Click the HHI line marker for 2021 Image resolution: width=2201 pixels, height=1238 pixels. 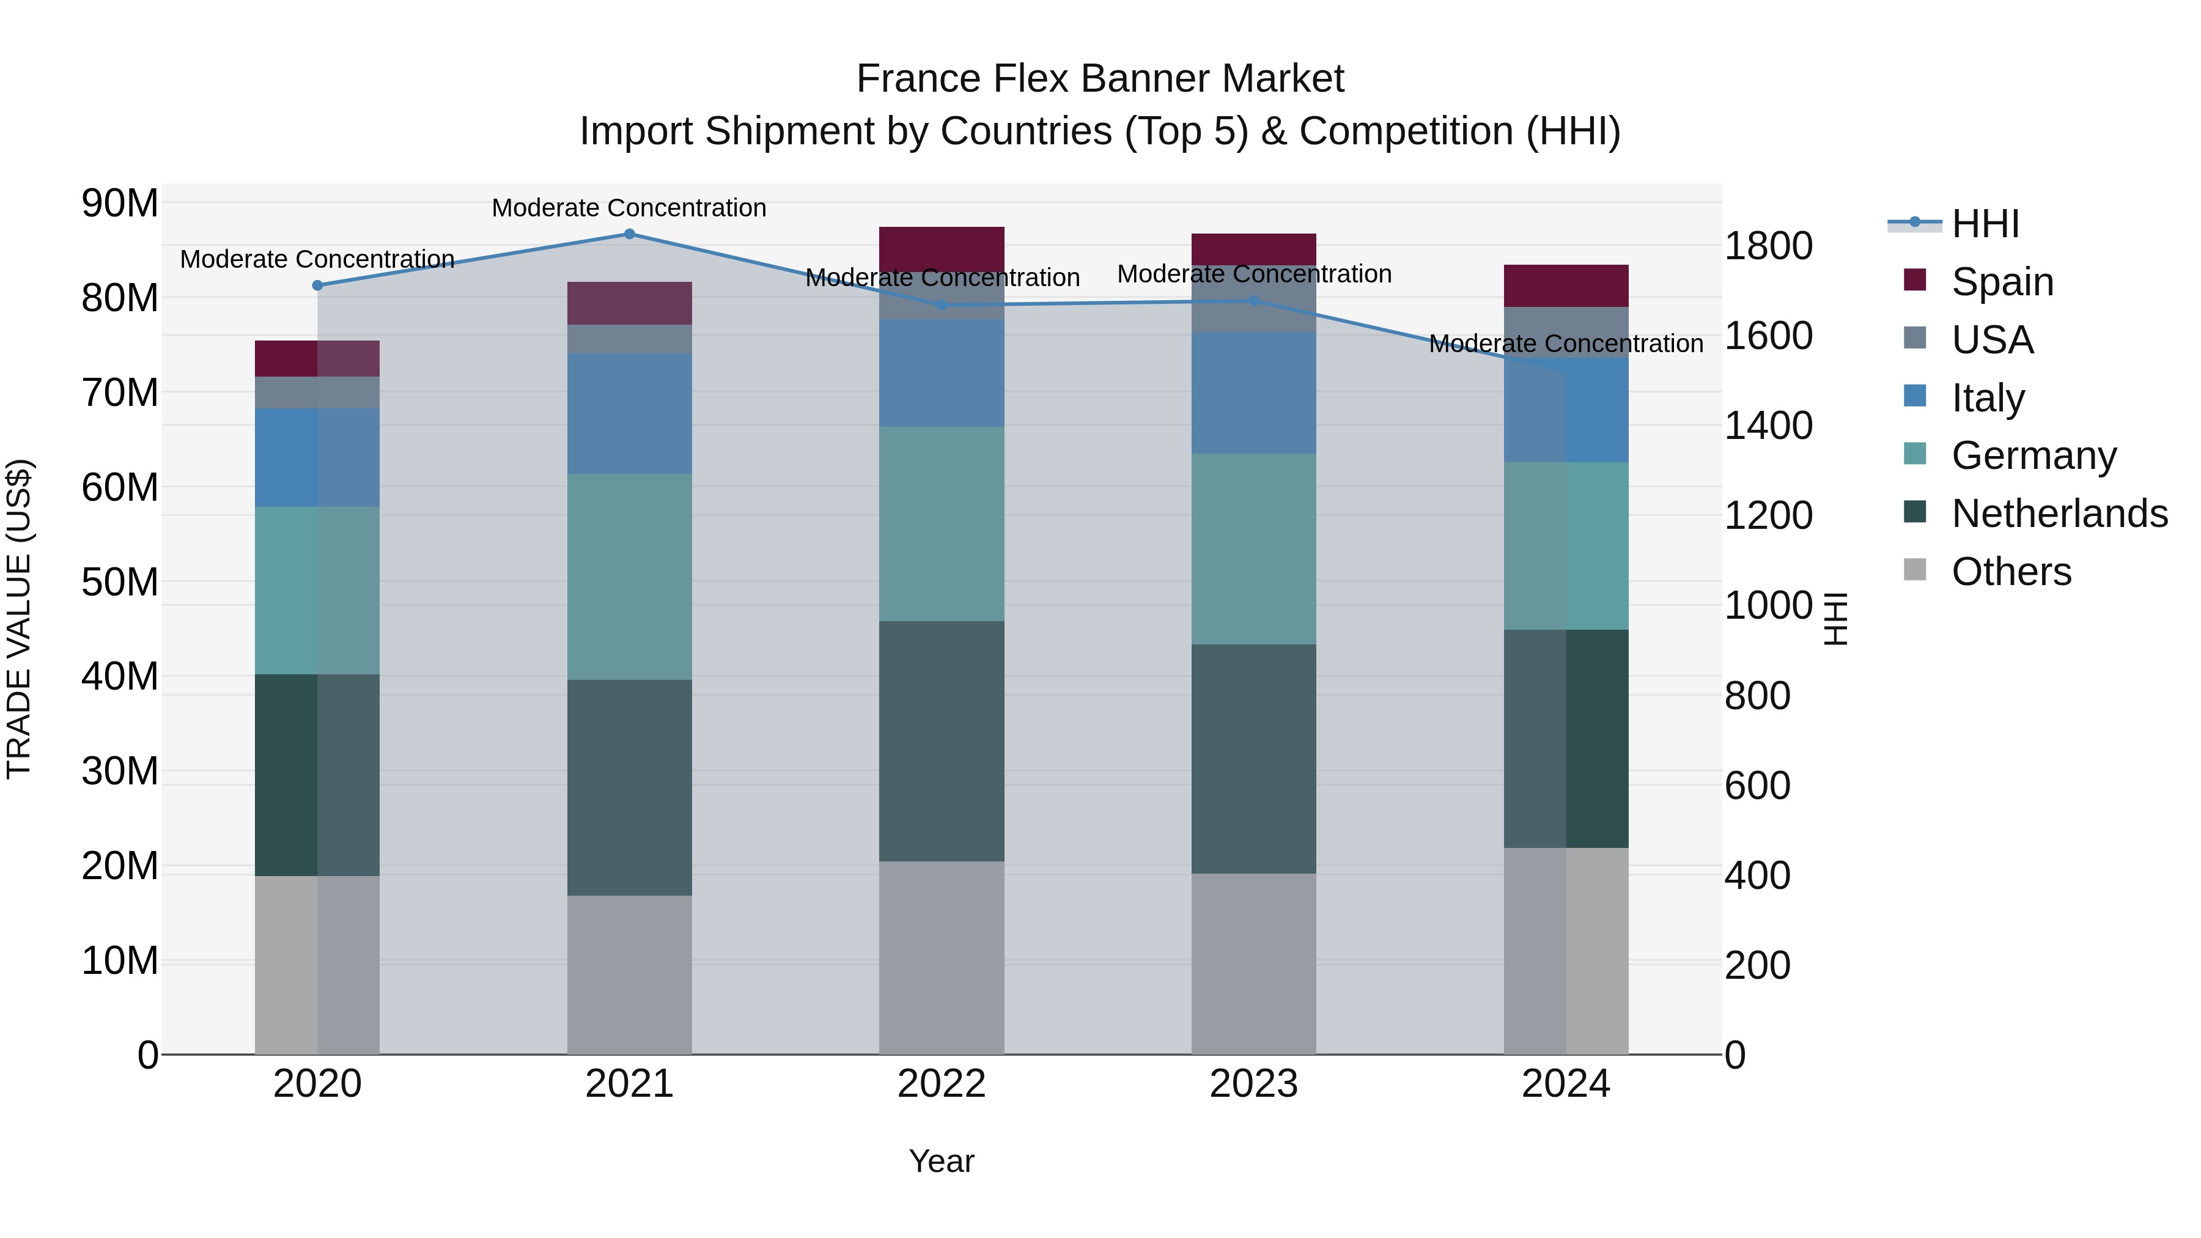click(x=629, y=234)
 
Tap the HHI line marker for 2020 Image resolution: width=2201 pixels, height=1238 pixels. click(x=317, y=286)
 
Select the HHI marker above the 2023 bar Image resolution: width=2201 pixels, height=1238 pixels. click(x=1253, y=301)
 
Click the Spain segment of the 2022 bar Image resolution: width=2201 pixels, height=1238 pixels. click(x=942, y=249)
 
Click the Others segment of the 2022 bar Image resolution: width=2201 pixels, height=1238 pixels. click(x=942, y=957)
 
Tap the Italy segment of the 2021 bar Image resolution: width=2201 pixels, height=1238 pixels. click(x=629, y=413)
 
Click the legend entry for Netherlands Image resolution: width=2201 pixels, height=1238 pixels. click(x=2059, y=514)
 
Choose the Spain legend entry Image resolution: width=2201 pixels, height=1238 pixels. click(x=2002, y=281)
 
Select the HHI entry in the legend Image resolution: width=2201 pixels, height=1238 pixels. click(x=1985, y=224)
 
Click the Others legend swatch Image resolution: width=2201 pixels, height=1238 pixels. click(x=1915, y=570)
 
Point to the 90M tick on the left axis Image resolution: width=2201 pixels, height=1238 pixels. click(x=120, y=204)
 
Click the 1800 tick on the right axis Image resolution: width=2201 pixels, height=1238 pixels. click(x=1767, y=246)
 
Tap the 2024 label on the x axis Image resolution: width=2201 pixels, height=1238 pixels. click(x=1565, y=1084)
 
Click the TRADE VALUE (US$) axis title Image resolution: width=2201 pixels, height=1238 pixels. click(x=19, y=619)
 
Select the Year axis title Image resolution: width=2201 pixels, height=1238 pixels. click(x=942, y=1161)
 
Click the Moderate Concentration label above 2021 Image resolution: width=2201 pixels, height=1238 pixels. click(x=629, y=208)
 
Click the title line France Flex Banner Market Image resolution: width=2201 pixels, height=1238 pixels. click(x=1100, y=79)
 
